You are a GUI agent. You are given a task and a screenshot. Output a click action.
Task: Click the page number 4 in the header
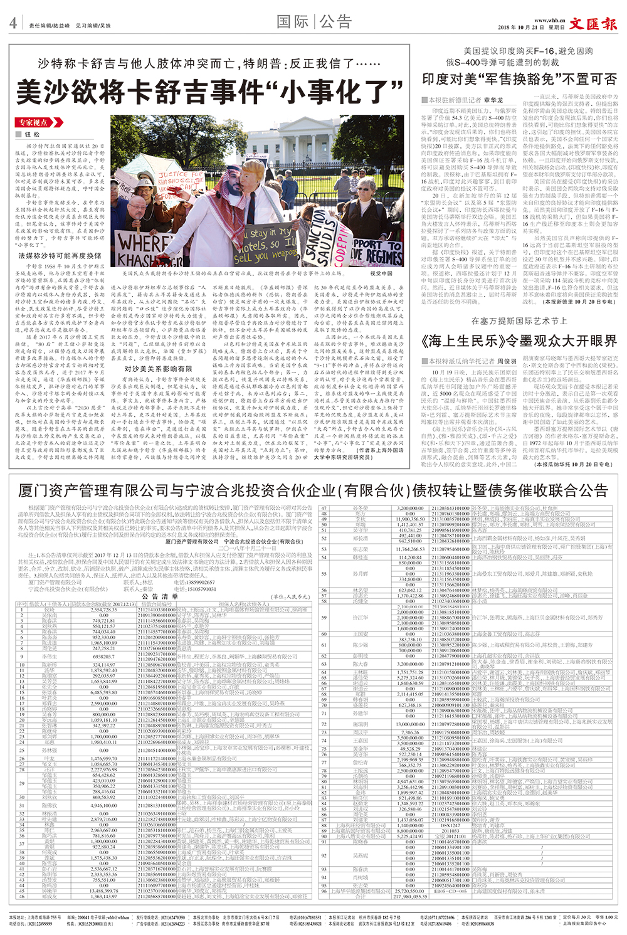[13, 23]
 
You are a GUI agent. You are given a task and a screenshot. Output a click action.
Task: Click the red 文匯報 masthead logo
[593, 23]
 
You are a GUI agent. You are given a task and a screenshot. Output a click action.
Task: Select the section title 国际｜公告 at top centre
[314, 22]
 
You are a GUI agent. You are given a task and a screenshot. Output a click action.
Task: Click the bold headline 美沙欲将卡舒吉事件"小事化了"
[209, 92]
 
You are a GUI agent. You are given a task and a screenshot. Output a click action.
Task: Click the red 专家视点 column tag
[33, 122]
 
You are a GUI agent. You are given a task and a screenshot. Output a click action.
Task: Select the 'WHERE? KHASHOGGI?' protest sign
[144, 248]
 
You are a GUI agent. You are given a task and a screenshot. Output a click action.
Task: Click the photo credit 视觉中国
[381, 274]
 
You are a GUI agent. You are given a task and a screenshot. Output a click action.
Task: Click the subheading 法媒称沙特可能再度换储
[60, 256]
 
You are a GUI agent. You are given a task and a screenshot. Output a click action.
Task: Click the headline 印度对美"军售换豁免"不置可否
[519, 79]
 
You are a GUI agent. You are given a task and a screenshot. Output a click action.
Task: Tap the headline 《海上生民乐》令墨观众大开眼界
[519, 341]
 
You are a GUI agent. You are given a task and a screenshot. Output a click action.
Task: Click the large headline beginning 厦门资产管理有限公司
[313, 490]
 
